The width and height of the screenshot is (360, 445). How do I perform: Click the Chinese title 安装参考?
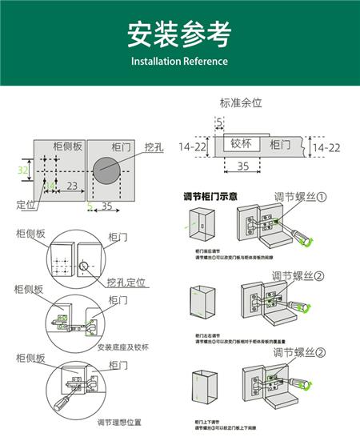tap(179, 34)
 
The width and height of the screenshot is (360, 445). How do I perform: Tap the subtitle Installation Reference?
tap(179, 62)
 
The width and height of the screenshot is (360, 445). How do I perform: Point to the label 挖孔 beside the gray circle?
tap(155, 147)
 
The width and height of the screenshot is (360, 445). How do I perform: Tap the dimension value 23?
tap(72, 186)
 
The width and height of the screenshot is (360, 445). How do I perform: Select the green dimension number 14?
tap(50, 186)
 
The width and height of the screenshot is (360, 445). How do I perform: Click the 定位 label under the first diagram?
tap(26, 205)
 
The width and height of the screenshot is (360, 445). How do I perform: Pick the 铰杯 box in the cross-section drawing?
tap(241, 144)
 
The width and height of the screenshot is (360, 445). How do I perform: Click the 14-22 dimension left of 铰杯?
tap(194, 147)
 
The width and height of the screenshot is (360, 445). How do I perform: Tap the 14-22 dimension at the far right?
tap(326, 148)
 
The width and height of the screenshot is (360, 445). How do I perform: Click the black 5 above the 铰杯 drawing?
tap(219, 121)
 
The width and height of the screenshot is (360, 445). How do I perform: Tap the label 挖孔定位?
tap(126, 283)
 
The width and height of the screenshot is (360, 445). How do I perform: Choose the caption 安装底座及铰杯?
tap(122, 347)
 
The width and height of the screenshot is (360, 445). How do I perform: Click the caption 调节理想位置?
tap(119, 423)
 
